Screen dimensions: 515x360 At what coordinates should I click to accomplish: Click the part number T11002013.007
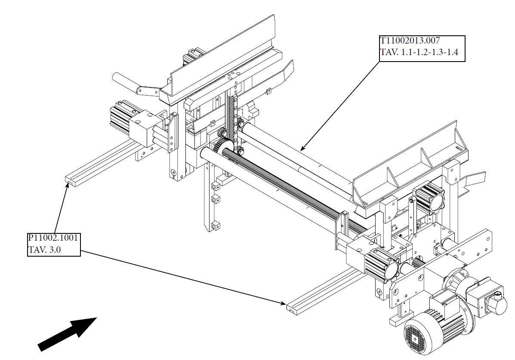pos(410,41)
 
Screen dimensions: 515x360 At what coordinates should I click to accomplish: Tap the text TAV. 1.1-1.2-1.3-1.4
pos(419,52)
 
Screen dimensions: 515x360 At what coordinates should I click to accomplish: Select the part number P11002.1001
pos(53,238)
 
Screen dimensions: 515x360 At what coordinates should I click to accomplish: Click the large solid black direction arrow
pos(67,334)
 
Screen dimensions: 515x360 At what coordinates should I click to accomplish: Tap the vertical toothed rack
pos(234,121)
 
